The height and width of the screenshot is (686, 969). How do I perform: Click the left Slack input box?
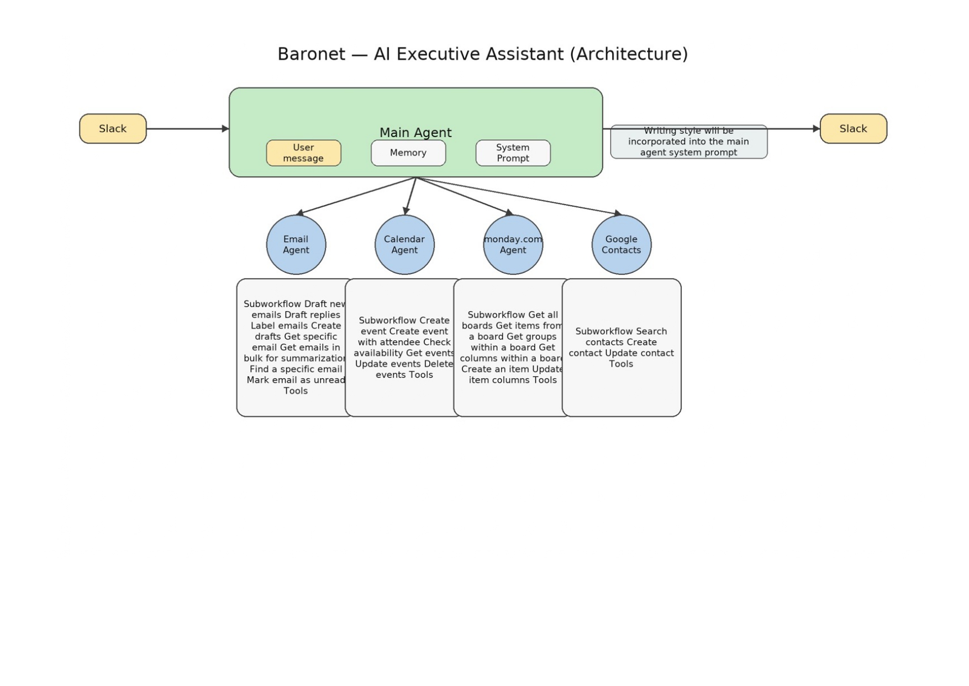pyautogui.click(x=113, y=129)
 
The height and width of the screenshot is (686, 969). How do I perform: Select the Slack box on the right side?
pyautogui.click(x=853, y=129)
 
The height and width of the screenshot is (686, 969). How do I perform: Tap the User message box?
pyautogui.click(x=303, y=153)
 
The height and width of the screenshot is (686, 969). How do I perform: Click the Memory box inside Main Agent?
pyautogui.click(x=408, y=153)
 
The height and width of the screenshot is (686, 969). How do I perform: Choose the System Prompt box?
pyautogui.click(x=513, y=153)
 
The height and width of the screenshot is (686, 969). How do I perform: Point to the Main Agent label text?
pyautogui.click(x=415, y=133)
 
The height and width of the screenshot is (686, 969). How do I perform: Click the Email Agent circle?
pyautogui.click(x=296, y=245)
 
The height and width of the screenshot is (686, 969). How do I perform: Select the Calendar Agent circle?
pyautogui.click(x=404, y=245)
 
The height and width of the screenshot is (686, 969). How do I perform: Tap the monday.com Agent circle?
pyautogui.click(x=513, y=245)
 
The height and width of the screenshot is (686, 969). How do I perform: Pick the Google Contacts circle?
pyautogui.click(x=622, y=245)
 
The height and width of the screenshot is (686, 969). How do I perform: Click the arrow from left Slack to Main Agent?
pyautogui.click(x=188, y=129)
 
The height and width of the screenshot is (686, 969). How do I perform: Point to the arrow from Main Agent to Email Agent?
pyautogui.click(x=356, y=196)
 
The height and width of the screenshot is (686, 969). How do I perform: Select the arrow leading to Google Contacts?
pyautogui.click(x=519, y=196)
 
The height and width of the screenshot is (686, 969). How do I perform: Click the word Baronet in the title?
pyautogui.click(x=311, y=54)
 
